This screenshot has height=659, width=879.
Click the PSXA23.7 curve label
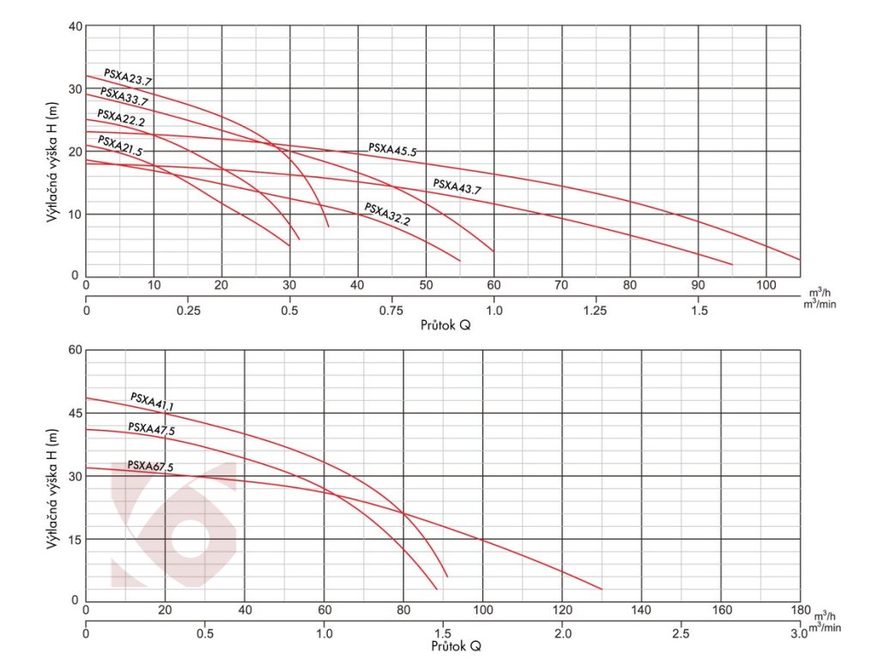point(128,77)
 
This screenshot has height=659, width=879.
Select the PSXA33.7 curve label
point(124,96)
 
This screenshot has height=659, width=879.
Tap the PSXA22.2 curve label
point(121,117)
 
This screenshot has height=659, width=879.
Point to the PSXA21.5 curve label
point(120,145)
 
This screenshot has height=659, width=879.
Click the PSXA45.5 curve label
point(392,149)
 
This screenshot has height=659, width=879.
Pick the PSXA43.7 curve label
point(458,186)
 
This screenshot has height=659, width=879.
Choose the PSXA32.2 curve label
point(387,214)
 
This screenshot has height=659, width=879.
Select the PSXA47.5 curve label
point(151,429)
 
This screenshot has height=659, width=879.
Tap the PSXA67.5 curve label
point(150,466)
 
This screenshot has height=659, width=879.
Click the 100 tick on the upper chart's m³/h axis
point(766,285)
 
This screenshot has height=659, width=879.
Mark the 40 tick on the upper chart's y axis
point(75,27)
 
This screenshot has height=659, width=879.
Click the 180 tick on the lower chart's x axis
point(799,610)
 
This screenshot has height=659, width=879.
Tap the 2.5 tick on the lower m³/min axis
point(681,633)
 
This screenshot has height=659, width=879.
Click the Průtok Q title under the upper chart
point(446,326)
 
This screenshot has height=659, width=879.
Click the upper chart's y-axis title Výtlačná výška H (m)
point(52,163)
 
